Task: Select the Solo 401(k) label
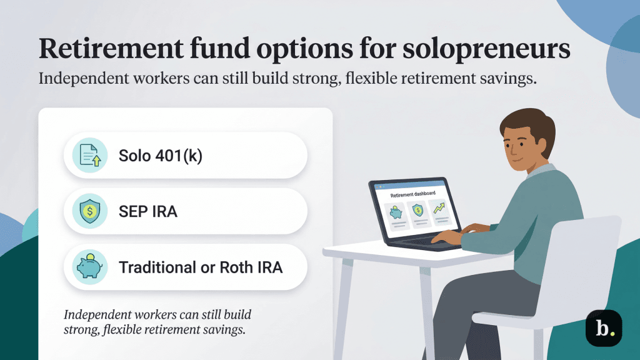pos(161,155)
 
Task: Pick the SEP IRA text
pos(148,211)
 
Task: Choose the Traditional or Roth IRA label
pos(201,267)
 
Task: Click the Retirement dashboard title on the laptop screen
pos(412,194)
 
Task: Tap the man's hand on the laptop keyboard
pos(447,236)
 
